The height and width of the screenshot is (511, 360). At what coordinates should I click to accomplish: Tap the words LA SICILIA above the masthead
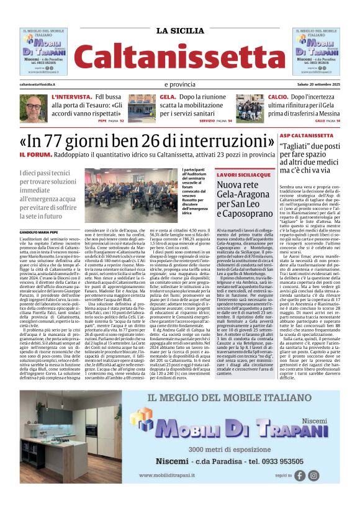click(180, 31)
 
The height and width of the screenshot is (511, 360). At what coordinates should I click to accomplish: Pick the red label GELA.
click(168, 97)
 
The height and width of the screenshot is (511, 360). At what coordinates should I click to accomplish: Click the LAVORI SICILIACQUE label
click(235, 175)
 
